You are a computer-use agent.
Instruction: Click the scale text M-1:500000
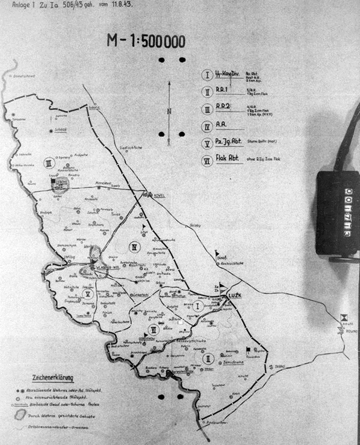pos(146,42)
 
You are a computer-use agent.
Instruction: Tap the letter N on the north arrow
pos(168,112)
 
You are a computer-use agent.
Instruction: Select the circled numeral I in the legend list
pos(207,75)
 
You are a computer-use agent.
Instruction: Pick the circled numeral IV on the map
pos(135,246)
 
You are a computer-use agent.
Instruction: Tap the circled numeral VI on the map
pos(153,329)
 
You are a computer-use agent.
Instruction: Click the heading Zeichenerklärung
pos(52,378)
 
